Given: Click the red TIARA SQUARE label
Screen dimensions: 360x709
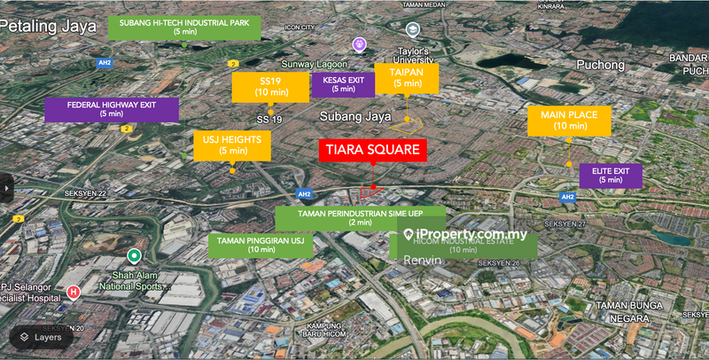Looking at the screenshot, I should pos(372,150).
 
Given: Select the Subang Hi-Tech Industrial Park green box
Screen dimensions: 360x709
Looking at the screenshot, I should pos(184,27).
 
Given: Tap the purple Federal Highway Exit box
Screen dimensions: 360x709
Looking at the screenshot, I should pos(112,108).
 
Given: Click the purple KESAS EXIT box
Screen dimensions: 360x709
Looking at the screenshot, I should pos(342,84).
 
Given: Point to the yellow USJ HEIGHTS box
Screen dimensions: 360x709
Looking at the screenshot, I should pos(232,145).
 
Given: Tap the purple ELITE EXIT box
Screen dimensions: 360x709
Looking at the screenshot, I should pos(611,175).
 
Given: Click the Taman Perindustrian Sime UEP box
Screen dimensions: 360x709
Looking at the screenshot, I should pos(360,217).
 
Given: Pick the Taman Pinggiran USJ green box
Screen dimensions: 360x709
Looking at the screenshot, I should pos(261,245).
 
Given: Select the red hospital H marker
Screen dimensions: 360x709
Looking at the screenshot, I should pos(74,290).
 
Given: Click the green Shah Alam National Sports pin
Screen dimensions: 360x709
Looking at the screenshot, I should pos(134,256).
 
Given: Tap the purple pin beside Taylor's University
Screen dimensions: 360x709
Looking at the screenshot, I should pos(359,43).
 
